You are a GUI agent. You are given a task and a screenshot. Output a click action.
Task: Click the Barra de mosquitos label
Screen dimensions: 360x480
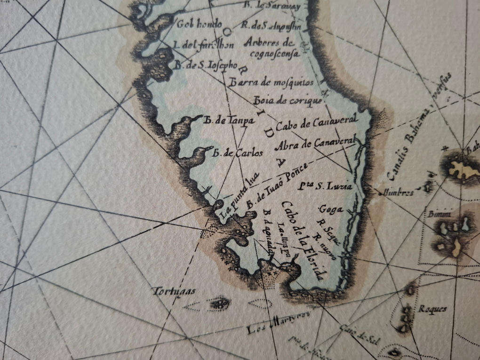(x=271, y=83)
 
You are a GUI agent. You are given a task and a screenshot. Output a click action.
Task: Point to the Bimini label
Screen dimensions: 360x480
(x=439, y=215)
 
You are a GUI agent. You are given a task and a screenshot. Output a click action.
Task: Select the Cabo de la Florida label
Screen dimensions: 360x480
(x=303, y=240)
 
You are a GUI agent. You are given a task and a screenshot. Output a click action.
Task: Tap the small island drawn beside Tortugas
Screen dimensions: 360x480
(x=218, y=304)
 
